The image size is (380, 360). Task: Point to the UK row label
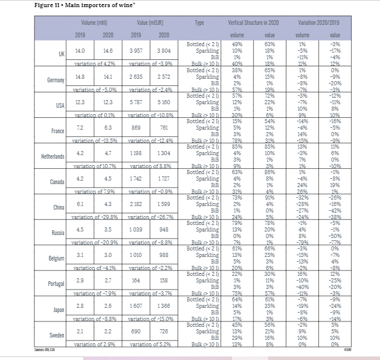pos(61,53)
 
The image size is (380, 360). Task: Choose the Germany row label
pos(56,79)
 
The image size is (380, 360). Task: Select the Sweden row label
pos(57,334)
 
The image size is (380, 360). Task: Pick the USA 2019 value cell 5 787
pos(137,104)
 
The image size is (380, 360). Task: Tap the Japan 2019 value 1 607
pos(137,308)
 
